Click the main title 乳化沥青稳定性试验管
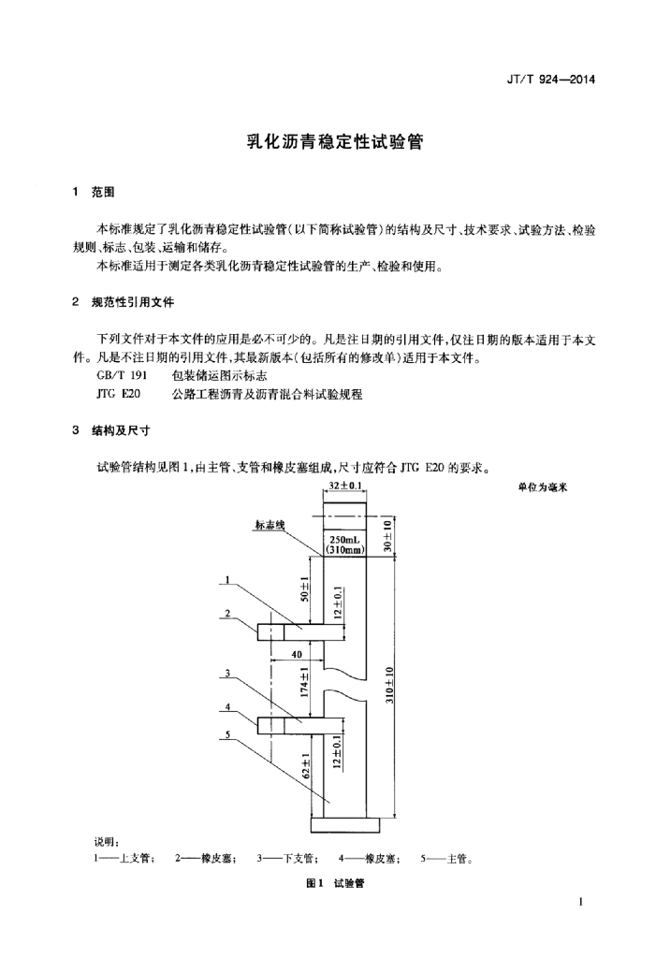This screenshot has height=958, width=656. pos(328,143)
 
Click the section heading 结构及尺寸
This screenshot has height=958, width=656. pos(121,431)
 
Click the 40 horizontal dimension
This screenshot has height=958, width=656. pos(296,654)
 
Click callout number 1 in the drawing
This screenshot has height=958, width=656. pos(226,580)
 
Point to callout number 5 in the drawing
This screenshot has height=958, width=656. pos(226,735)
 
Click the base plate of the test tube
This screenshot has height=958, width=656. pos(344,823)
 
